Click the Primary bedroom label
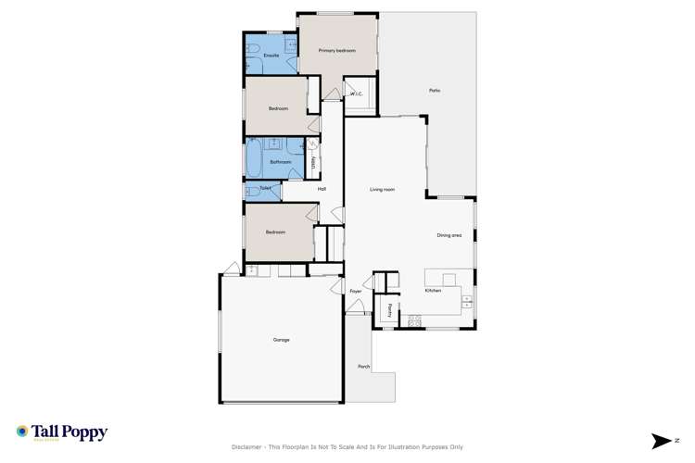pyautogui.click(x=337, y=50)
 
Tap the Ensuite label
pyautogui.click(x=272, y=56)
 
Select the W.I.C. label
pyautogui.click(x=356, y=94)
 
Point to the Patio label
pyautogui.click(x=434, y=90)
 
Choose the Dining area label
pyautogui.click(x=449, y=235)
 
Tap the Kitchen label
pyautogui.click(x=433, y=291)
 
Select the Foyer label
pyautogui.click(x=355, y=292)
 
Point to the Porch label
pyautogui.click(x=363, y=367)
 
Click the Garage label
pyautogui.click(x=281, y=340)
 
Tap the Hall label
pyautogui.click(x=322, y=189)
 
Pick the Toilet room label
pyautogui.click(x=265, y=189)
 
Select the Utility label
pyautogui.click(x=314, y=162)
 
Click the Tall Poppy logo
pyautogui.click(x=62, y=432)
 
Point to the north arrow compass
pyautogui.click(x=663, y=440)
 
